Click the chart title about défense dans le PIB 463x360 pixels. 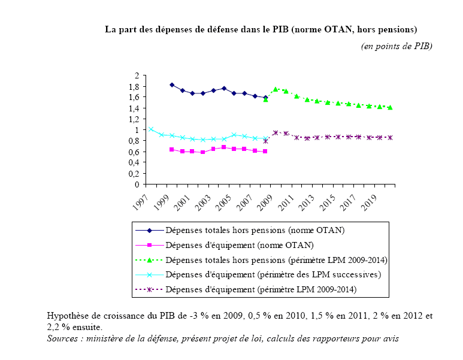coord(261,29)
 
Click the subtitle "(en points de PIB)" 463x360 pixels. coord(396,46)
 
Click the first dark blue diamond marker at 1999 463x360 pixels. coord(172,85)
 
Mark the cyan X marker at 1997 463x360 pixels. coord(151,129)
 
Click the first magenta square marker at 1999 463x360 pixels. coord(172,149)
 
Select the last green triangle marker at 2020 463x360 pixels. coord(390,107)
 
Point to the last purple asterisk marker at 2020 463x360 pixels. coord(390,138)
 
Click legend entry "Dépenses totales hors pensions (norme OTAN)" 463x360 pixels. coord(255,230)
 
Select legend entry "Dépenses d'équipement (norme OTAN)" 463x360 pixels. coord(240,245)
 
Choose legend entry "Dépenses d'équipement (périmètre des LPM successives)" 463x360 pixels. coord(273,275)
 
